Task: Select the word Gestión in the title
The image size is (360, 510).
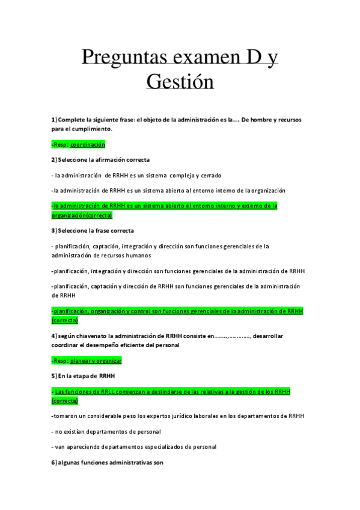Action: (180, 81)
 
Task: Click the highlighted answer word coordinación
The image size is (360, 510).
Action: (88, 144)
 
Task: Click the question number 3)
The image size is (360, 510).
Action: (54, 230)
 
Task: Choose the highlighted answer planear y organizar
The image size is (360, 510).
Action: (96, 360)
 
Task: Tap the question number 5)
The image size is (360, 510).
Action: (54, 376)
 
